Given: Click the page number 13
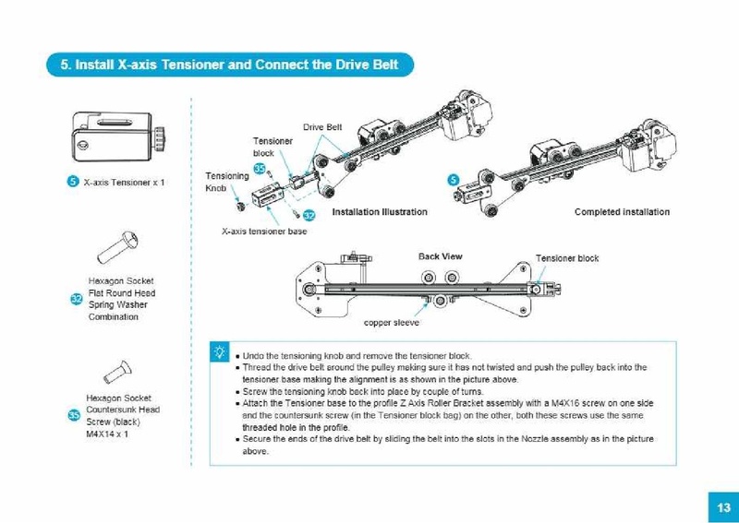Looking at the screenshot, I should [x=721, y=506].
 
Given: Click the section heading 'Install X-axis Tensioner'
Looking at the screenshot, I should [x=229, y=65].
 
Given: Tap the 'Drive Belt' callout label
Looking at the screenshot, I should [x=322, y=126].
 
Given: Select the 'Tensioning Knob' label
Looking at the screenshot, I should [x=226, y=182].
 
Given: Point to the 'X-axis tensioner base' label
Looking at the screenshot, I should [x=264, y=232].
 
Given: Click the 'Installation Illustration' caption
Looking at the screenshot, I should [x=379, y=212].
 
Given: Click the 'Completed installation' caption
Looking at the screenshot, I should [x=622, y=212].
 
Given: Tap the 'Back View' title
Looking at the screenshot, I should [x=440, y=256].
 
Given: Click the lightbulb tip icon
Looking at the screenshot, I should [x=219, y=351].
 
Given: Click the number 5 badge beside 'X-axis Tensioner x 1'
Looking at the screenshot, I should [x=73, y=182].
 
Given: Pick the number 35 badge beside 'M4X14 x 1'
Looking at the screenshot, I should [x=74, y=414].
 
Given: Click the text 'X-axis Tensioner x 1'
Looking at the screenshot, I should [x=124, y=183].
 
